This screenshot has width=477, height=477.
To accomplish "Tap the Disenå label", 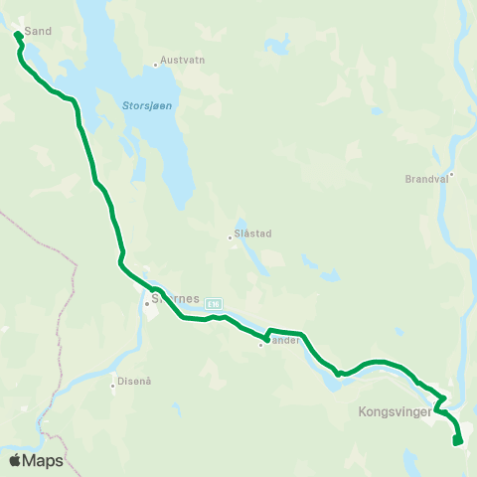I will click(x=132, y=391).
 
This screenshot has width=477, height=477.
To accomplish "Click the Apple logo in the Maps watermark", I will click(x=15, y=460).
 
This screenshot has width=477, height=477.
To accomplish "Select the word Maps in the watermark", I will click(x=44, y=460).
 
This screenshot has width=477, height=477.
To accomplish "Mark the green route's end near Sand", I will click(x=17, y=35).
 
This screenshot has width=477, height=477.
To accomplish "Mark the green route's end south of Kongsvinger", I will click(x=456, y=442).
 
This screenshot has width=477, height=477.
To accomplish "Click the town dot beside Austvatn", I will click(x=156, y=67).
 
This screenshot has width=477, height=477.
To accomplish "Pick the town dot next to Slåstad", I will click(x=231, y=238).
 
